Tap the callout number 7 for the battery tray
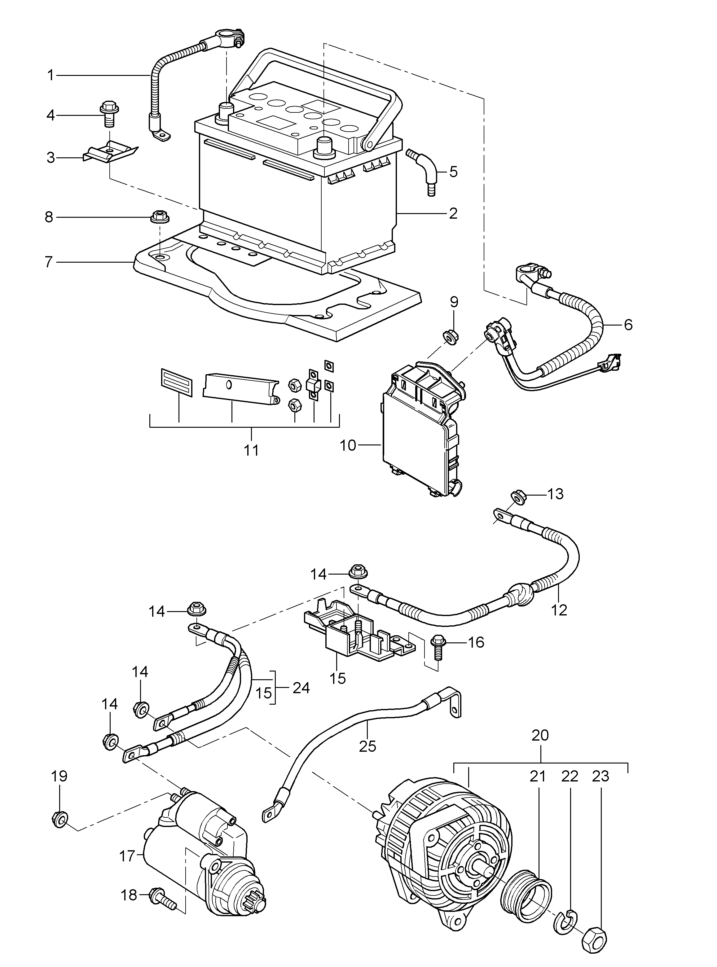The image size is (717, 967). coord(49,262)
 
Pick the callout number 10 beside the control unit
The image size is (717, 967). coord(348,445)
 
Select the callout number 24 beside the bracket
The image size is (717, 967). coord(301,688)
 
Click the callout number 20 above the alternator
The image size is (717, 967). coord(540,735)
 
